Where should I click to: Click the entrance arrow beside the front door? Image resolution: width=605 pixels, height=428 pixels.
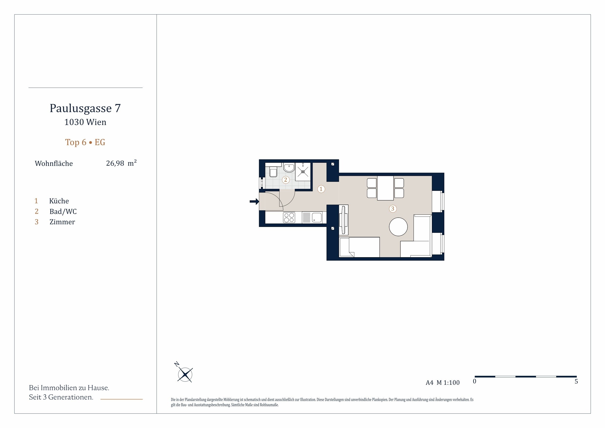pos(254,202)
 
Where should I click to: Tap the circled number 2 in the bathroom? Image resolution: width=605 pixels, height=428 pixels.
pos(286,180)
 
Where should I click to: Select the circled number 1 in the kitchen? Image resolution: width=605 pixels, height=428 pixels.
pos(321,189)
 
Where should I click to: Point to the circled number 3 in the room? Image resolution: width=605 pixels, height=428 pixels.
pos(393,209)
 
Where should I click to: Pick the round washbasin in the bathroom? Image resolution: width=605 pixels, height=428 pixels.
pos(289,167)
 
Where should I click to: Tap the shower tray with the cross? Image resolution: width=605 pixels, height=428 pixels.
pos(303,172)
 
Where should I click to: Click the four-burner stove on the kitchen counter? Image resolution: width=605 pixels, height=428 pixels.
pos(289,218)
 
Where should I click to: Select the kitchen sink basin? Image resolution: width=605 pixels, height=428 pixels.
pos(317,218)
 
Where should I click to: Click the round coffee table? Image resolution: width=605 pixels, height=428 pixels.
pos(398,227)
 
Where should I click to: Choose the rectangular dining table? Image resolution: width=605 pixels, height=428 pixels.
pos(385,188)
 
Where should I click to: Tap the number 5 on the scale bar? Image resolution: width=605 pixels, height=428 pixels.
pos(576,382)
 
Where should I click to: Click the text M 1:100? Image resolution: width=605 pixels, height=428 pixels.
pos(448,383)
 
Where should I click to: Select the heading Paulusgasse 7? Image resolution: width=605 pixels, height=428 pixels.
pos(85,108)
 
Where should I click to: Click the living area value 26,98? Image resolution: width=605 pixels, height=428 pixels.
pos(115,163)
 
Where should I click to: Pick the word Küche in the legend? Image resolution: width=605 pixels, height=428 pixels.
pos(59,201)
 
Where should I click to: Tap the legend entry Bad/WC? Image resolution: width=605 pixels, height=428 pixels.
pos(63,212)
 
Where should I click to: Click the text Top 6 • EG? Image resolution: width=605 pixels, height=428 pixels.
pos(85,143)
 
